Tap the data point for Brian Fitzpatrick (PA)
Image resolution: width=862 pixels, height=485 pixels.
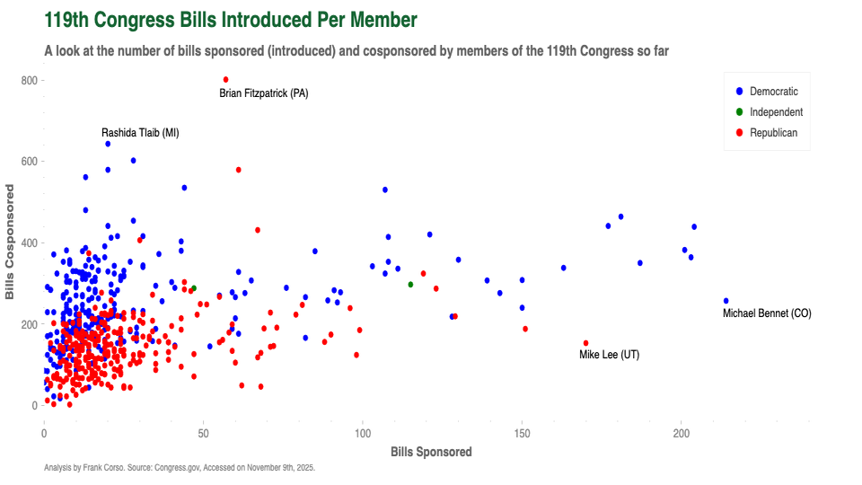pos(225,80)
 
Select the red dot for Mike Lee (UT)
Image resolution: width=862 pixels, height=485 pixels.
pos(585,343)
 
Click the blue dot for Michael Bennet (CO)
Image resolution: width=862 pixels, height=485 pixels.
pos(726,301)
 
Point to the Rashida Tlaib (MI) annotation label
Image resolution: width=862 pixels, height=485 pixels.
pos(140,133)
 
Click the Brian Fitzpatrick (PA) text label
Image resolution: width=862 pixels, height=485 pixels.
pos(264,93)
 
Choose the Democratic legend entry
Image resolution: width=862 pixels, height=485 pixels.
pos(773,92)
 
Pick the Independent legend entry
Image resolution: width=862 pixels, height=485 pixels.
pos(776,112)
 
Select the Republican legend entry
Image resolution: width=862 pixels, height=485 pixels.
pos(773,133)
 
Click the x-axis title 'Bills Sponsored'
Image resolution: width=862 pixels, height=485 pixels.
pos(431,453)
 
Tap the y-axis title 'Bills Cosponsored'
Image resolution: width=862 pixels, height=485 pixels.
pos(11,242)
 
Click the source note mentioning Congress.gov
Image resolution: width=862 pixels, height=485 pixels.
pos(180,468)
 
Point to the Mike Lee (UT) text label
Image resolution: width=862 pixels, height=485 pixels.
pos(609,356)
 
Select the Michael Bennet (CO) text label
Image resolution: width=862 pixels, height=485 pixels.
pos(767,313)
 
